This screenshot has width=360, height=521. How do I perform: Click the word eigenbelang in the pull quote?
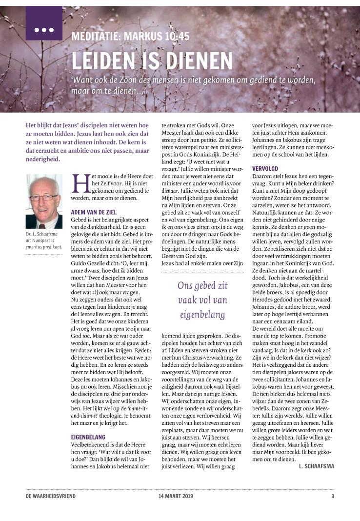coord(201,315)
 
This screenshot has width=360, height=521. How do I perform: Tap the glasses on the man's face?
coord(44,198)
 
